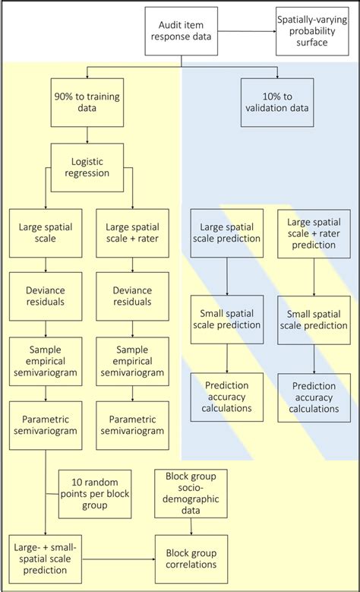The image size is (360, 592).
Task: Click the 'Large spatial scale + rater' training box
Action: (132, 232)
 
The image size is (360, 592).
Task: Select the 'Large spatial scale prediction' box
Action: (227, 232)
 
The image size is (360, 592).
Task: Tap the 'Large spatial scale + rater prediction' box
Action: (313, 232)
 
